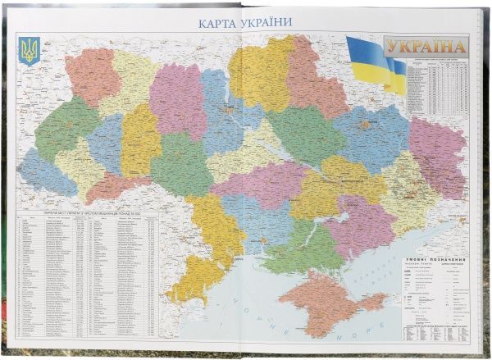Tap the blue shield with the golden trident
[29, 51]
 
